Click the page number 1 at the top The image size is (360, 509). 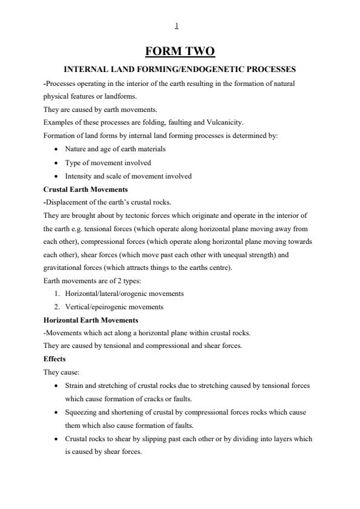[176, 26]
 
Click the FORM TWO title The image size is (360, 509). [180, 51]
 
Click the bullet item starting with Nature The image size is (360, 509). [115, 148]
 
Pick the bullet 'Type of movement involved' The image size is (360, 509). [108, 162]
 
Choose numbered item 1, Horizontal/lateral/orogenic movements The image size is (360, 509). [125, 294]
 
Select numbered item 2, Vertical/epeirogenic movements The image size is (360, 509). [114, 307]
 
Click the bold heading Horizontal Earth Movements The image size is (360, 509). [91, 320]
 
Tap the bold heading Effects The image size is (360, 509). [54, 359]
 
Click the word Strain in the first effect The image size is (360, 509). [74, 386]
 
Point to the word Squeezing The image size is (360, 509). [82, 412]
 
